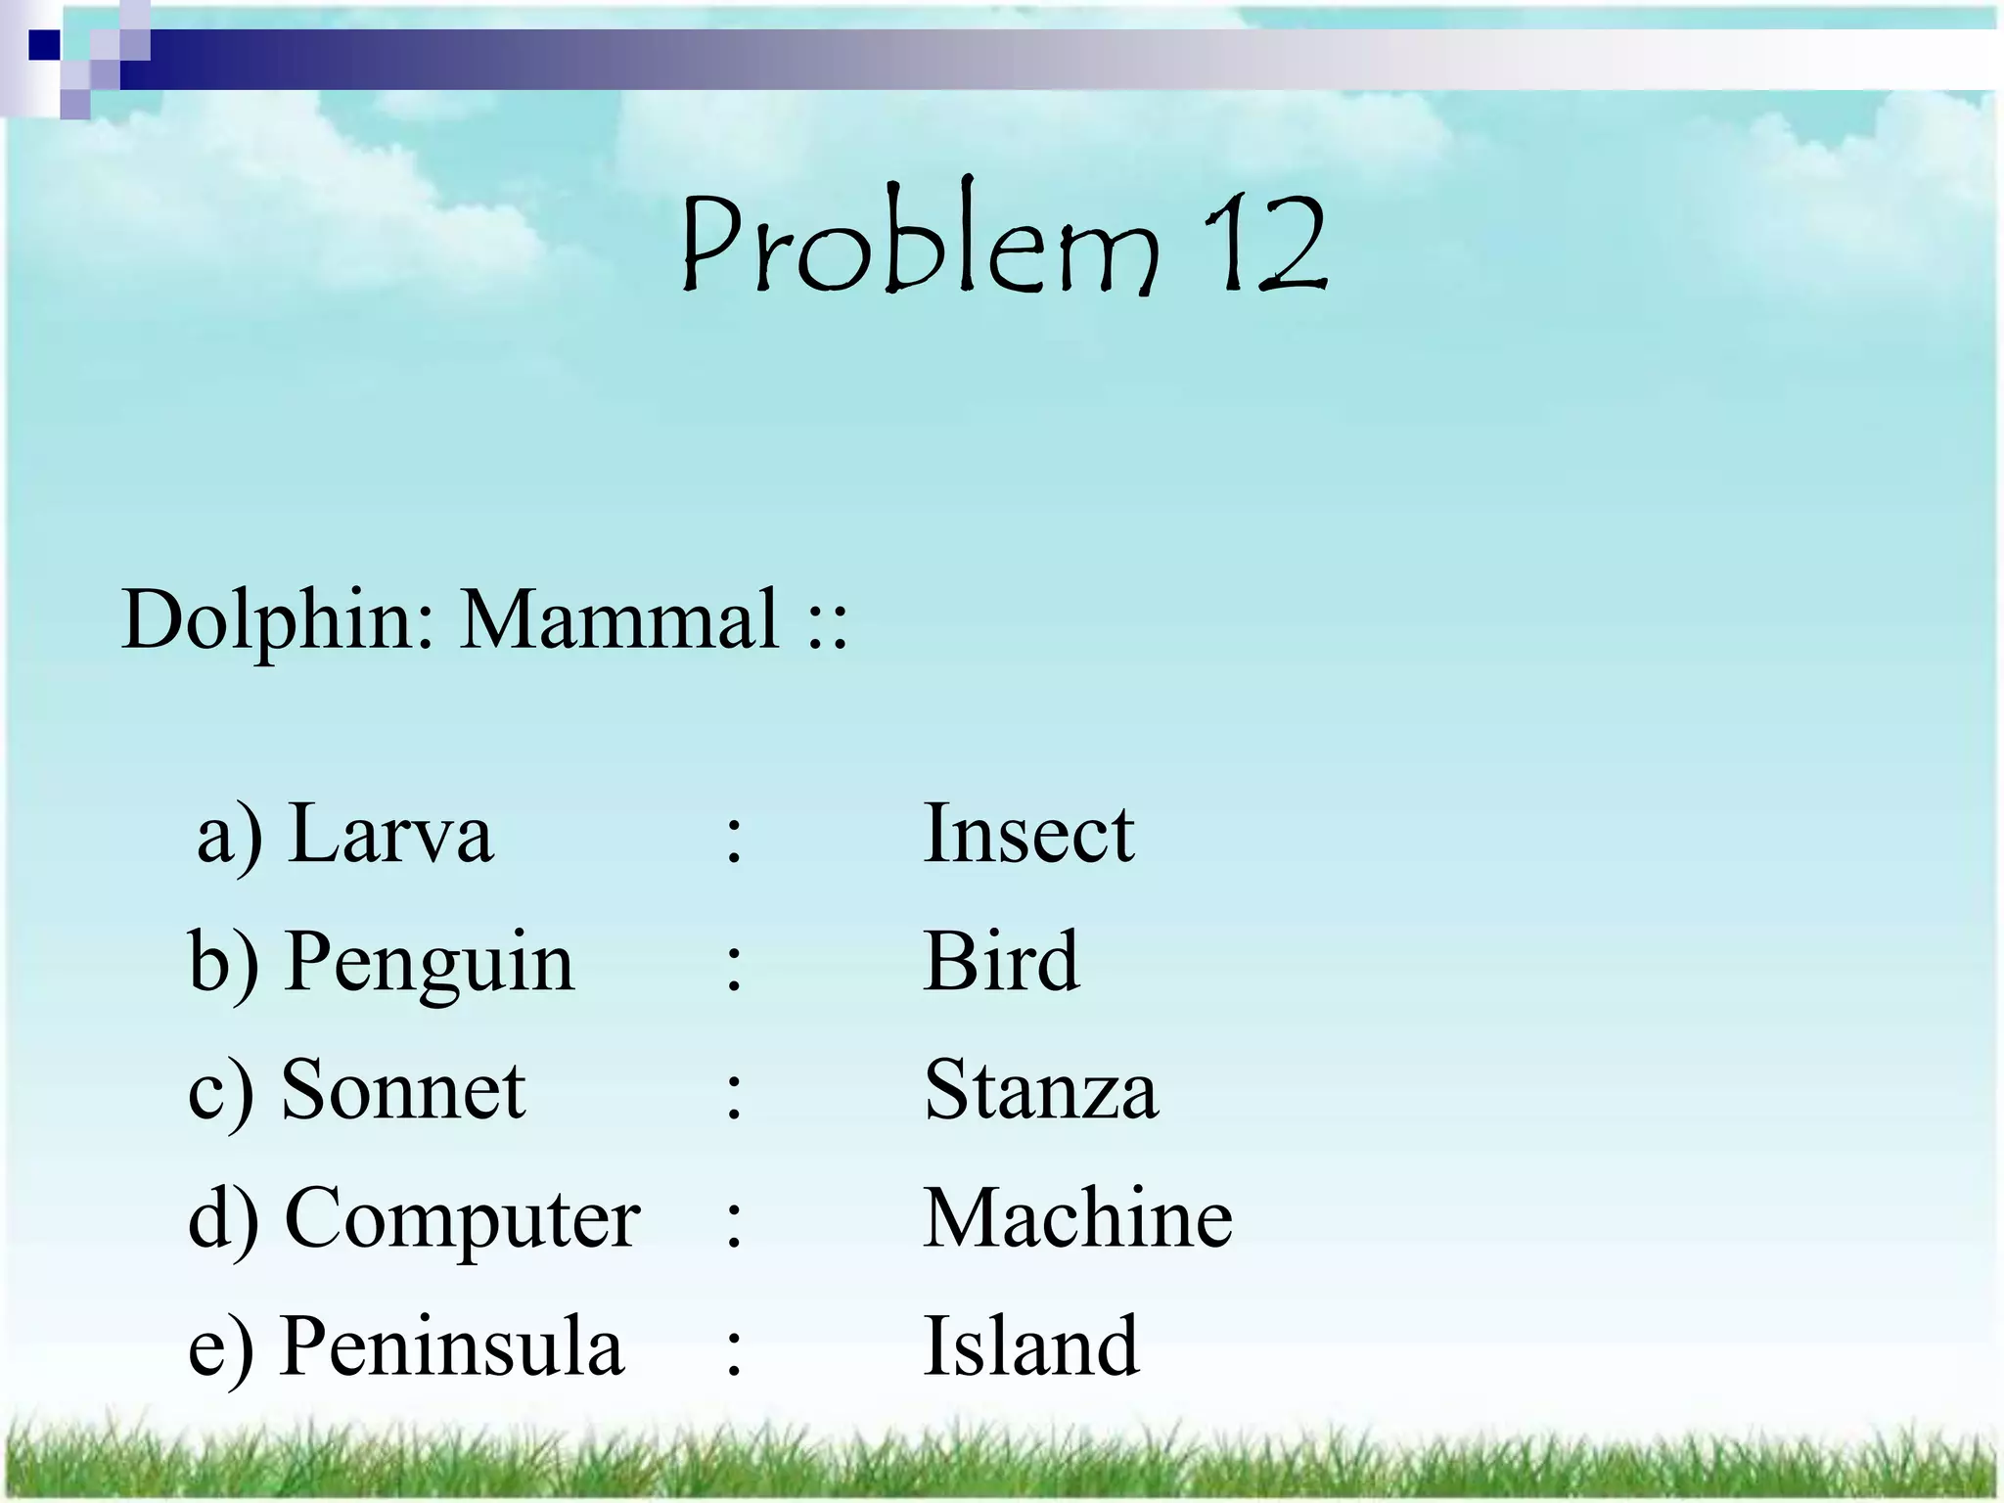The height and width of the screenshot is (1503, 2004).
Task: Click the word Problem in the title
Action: [918, 243]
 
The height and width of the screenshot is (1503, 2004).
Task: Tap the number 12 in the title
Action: [1264, 243]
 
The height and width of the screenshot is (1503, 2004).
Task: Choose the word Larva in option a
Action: [391, 834]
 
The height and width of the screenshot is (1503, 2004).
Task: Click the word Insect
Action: [1028, 834]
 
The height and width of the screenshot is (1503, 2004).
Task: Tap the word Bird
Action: [1001, 961]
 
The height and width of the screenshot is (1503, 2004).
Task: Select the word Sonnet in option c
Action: [403, 1089]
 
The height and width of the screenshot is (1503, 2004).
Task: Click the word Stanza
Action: [1041, 1090]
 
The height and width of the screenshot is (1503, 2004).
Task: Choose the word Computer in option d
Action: [462, 1219]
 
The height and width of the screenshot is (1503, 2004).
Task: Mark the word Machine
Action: [1077, 1217]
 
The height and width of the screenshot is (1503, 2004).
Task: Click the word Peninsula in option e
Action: [451, 1346]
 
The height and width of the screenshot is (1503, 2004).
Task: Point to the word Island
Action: [1031, 1346]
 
